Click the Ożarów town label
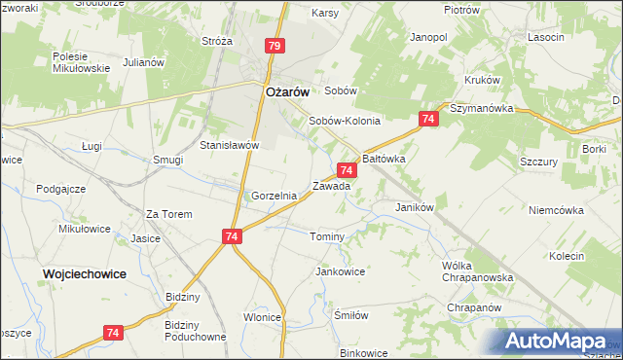(x=287, y=90)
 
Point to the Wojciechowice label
(x=85, y=274)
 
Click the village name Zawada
(x=331, y=185)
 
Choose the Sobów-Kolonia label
(x=344, y=122)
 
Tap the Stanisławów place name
(x=229, y=145)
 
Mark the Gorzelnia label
(x=274, y=196)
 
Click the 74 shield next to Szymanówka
(x=428, y=119)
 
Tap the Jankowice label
(x=340, y=271)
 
